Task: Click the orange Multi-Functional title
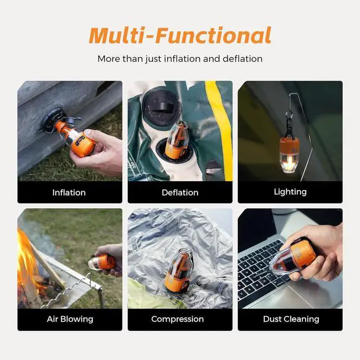tap(180, 35)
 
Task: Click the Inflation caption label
tap(69, 192)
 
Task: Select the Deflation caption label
tap(180, 192)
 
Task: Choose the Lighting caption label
tap(290, 192)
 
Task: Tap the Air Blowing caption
tap(69, 319)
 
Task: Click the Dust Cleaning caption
tap(290, 319)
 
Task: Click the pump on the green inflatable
tap(177, 141)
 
